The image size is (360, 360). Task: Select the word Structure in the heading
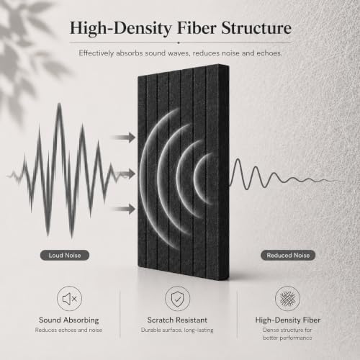tap(256, 28)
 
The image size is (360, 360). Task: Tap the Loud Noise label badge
tap(65, 255)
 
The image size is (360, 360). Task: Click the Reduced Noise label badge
tap(288, 255)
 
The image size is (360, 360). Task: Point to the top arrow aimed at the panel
tap(123, 138)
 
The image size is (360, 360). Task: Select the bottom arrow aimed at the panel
tap(123, 209)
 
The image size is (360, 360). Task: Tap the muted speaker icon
tap(69, 299)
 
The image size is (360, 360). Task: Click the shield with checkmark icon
tap(178, 299)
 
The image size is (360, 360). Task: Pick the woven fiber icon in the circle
tap(287, 299)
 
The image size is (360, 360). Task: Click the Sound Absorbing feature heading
tap(69, 320)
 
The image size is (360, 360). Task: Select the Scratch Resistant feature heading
tap(177, 320)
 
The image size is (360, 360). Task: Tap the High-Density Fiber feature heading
tap(288, 320)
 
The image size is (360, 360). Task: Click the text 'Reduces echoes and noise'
tap(68, 330)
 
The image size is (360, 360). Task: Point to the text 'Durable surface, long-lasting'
tap(177, 330)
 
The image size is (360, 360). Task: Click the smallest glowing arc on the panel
tap(197, 179)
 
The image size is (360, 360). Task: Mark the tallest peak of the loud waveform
tap(59, 104)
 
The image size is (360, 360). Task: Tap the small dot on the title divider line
tap(179, 42)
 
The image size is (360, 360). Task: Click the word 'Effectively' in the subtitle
tap(96, 53)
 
